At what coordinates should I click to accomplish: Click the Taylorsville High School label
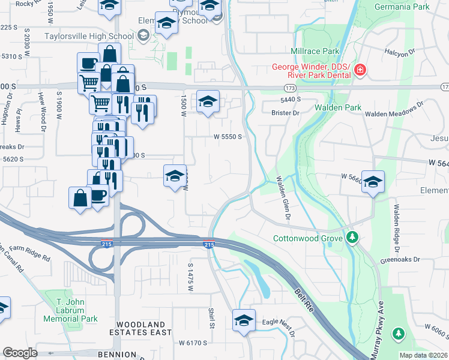89,36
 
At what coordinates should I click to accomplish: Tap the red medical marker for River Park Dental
360,71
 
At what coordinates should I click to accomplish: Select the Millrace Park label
315,52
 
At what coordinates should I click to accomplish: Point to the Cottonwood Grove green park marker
352,238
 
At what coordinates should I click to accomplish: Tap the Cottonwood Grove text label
308,238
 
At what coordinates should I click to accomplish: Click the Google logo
20,353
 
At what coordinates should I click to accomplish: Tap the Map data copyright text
423,355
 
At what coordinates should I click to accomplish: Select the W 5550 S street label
228,137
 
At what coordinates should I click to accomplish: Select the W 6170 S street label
193,343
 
